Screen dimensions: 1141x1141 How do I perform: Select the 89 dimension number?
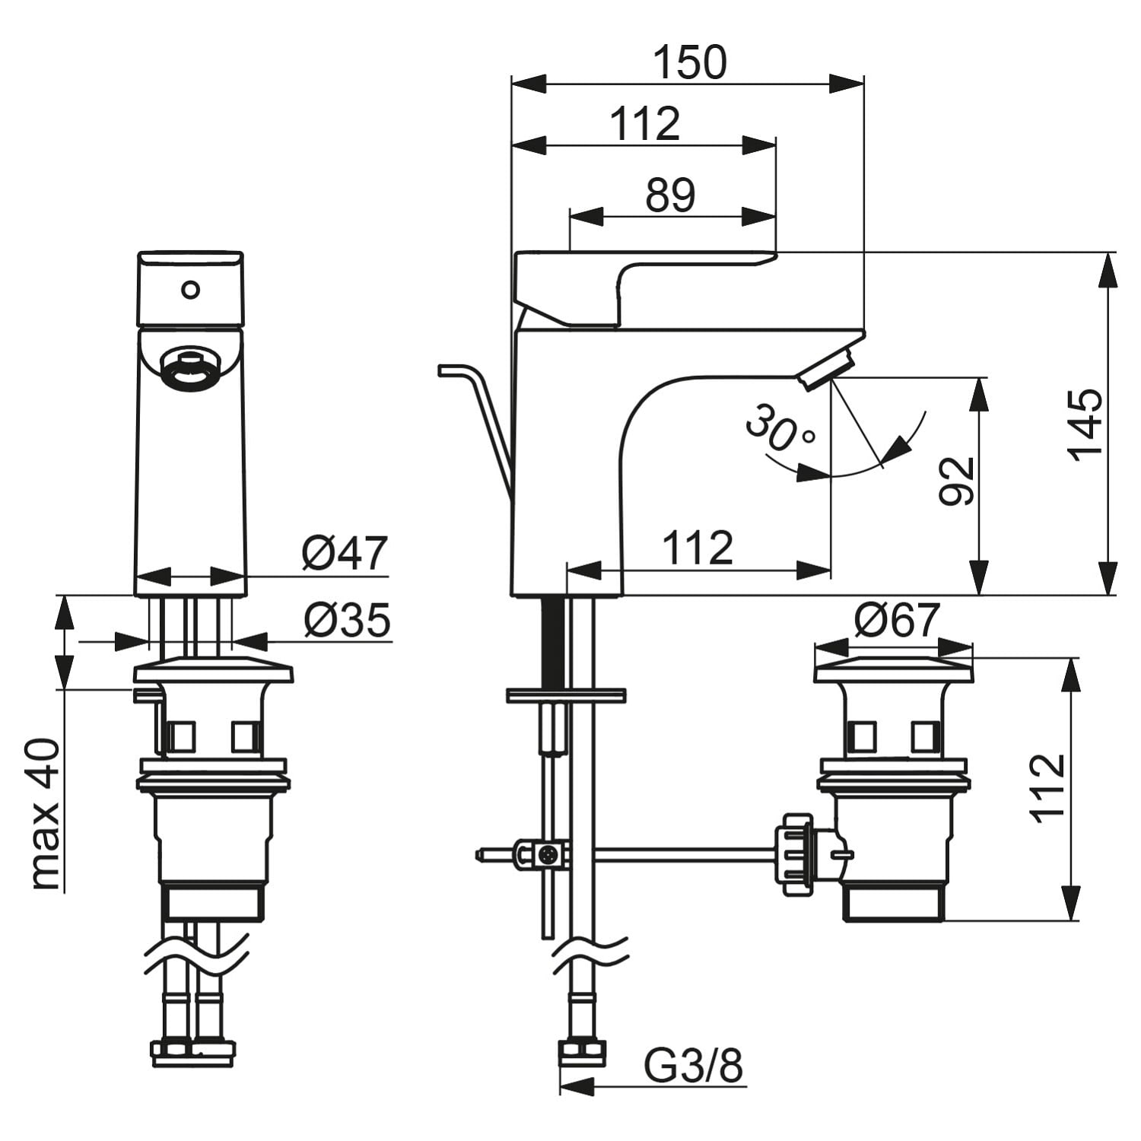click(x=670, y=195)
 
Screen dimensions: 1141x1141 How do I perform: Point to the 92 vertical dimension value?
click(x=957, y=481)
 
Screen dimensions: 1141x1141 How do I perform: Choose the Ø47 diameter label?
click(x=345, y=553)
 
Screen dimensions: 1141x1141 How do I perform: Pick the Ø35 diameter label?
click(x=347, y=620)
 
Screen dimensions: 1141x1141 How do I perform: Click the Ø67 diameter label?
click(x=897, y=621)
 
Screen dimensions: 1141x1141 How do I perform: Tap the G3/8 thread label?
click(x=693, y=1067)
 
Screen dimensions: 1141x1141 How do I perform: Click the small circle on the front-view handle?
click(x=190, y=289)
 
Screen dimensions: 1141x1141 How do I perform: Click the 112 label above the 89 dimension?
click(x=646, y=124)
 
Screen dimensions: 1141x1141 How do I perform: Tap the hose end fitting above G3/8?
click(x=583, y=1054)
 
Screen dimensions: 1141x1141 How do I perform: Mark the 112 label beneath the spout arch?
click(x=698, y=548)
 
